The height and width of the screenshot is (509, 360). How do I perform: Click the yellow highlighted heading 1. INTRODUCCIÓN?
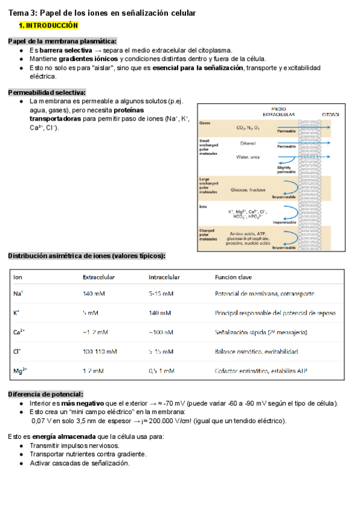49,26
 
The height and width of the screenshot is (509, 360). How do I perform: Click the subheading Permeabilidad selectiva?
47,92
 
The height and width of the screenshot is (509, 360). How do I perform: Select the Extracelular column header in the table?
98,277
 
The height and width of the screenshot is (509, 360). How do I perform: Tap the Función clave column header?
233,277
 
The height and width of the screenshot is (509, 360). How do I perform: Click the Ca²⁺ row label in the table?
19,332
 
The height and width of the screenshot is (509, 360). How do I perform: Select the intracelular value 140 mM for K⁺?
160,313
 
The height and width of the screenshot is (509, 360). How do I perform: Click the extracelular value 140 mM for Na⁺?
93,294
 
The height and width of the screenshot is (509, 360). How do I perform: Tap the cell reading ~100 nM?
161,332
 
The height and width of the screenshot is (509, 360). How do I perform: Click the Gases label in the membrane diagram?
205,122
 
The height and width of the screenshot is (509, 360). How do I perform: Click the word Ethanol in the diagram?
247,143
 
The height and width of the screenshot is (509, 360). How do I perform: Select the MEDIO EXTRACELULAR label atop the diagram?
278,111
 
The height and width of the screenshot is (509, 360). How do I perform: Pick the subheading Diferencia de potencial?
45,394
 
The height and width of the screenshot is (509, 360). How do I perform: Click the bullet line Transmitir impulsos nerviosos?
74,445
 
